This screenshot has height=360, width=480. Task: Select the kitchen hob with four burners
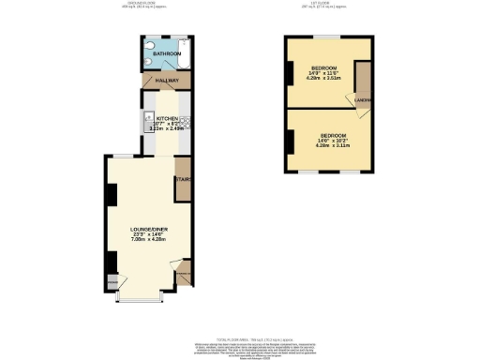(185, 122)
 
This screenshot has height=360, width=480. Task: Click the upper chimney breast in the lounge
(112, 195)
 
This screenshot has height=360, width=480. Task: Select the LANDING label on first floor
(364, 100)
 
